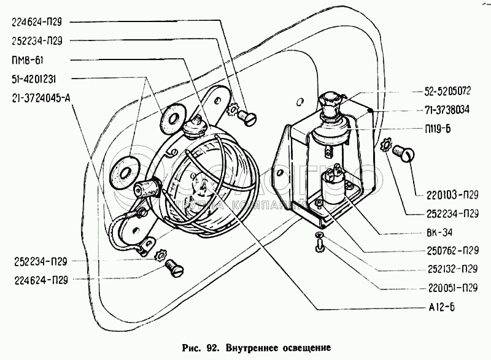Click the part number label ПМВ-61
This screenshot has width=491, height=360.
coord(28,59)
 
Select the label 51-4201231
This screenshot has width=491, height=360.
coord(34,79)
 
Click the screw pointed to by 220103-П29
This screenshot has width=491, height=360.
coord(403,151)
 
